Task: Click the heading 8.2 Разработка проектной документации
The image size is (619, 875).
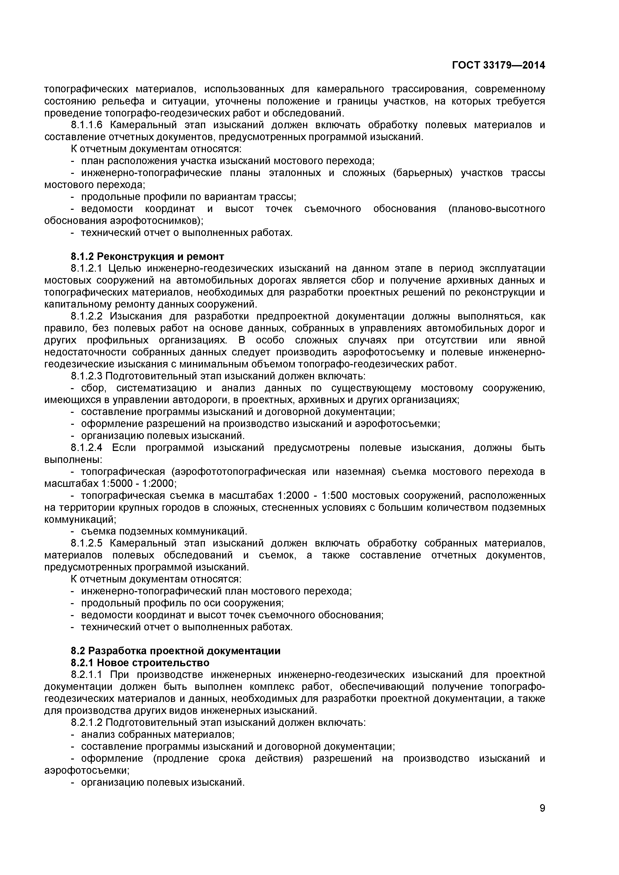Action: point(175,651)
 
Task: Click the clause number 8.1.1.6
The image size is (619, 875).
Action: point(87,125)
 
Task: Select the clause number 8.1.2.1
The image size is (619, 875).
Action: point(87,268)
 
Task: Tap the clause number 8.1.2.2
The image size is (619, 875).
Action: point(87,316)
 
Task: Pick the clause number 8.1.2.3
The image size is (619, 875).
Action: point(87,376)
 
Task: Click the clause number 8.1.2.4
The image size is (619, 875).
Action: point(87,448)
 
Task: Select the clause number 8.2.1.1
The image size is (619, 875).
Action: point(87,674)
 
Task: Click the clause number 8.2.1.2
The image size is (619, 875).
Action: point(87,723)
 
